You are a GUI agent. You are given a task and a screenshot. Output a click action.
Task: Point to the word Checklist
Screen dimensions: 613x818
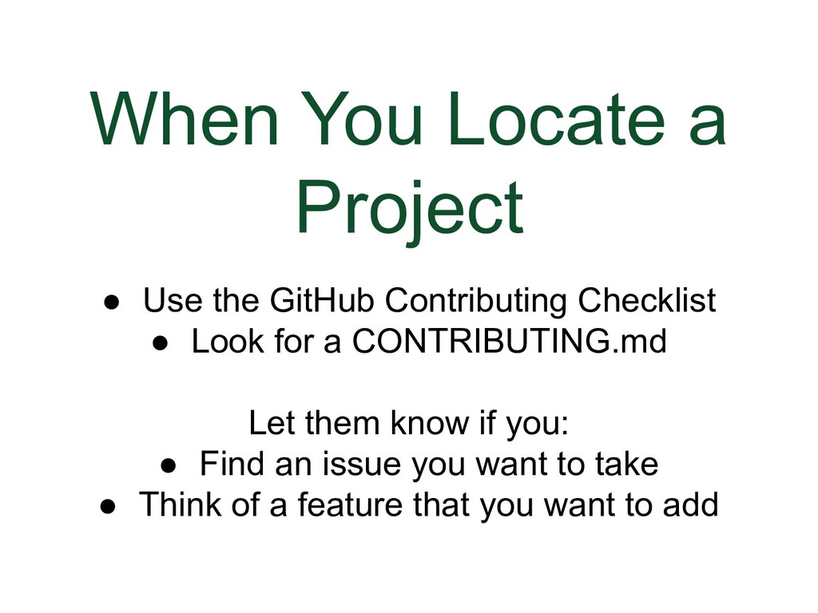click(647, 302)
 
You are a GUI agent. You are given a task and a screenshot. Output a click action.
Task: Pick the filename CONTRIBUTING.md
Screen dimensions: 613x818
click(509, 342)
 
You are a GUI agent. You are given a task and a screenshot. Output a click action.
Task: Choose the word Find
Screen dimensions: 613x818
click(232, 464)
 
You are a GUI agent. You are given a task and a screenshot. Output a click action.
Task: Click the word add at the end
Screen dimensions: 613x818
click(691, 504)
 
